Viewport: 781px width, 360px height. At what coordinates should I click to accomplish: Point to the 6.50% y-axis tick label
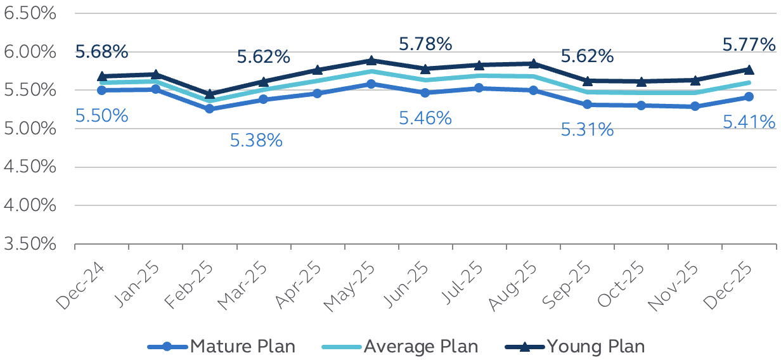[x=30, y=13]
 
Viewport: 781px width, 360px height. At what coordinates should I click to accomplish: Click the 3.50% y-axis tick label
[x=30, y=244]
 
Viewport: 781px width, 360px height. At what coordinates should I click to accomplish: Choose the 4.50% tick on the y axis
[x=30, y=167]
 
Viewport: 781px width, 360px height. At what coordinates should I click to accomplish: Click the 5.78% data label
[x=425, y=44]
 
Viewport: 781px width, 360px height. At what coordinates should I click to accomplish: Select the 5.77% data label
[x=749, y=45]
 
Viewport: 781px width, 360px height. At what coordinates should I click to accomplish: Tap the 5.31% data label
[x=587, y=130]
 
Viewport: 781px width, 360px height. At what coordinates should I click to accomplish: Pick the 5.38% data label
[x=256, y=140]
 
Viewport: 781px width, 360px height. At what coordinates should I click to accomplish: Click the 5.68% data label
[x=101, y=52]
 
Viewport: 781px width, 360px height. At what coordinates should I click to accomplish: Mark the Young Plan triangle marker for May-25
[x=371, y=60]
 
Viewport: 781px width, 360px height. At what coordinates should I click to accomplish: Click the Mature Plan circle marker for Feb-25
[x=210, y=108]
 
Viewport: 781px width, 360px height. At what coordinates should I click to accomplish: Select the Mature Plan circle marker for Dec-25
[x=749, y=96]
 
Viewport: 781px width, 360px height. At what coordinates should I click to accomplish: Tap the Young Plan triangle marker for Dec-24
[x=101, y=75]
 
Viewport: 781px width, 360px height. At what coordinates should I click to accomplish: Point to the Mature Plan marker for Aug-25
[x=533, y=90]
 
